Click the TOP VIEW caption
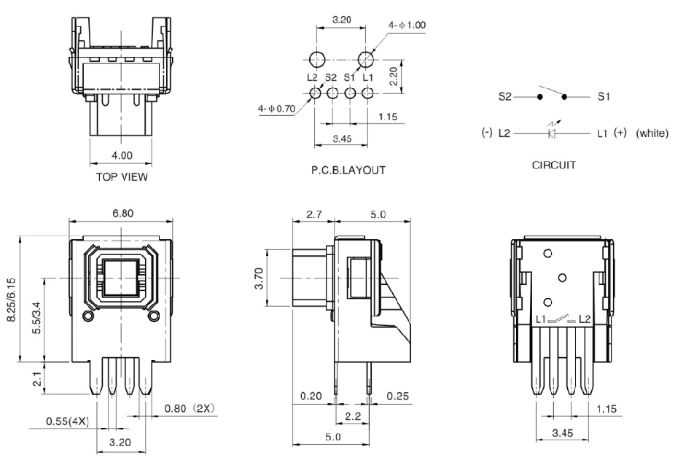(x=117, y=176)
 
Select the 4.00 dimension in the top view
(x=117, y=155)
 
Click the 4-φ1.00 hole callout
(x=407, y=25)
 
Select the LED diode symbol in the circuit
(x=553, y=134)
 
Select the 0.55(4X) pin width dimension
(x=66, y=421)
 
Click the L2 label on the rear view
(x=583, y=319)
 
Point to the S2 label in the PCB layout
(x=332, y=77)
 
